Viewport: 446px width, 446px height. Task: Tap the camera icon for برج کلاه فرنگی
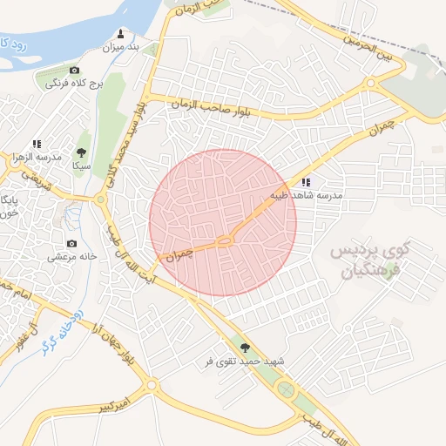point(74,71)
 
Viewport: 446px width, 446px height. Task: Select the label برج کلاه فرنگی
point(74,84)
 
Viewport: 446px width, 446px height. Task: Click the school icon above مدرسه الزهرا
point(37,144)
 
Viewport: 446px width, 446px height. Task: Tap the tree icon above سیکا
point(82,152)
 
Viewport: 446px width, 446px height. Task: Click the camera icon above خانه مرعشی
point(71,244)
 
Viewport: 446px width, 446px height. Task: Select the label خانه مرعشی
point(71,257)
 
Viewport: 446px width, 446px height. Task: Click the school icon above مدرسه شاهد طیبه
point(305,183)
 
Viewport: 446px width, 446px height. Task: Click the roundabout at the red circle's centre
point(224,240)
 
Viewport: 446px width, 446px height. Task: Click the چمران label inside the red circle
point(177,255)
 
